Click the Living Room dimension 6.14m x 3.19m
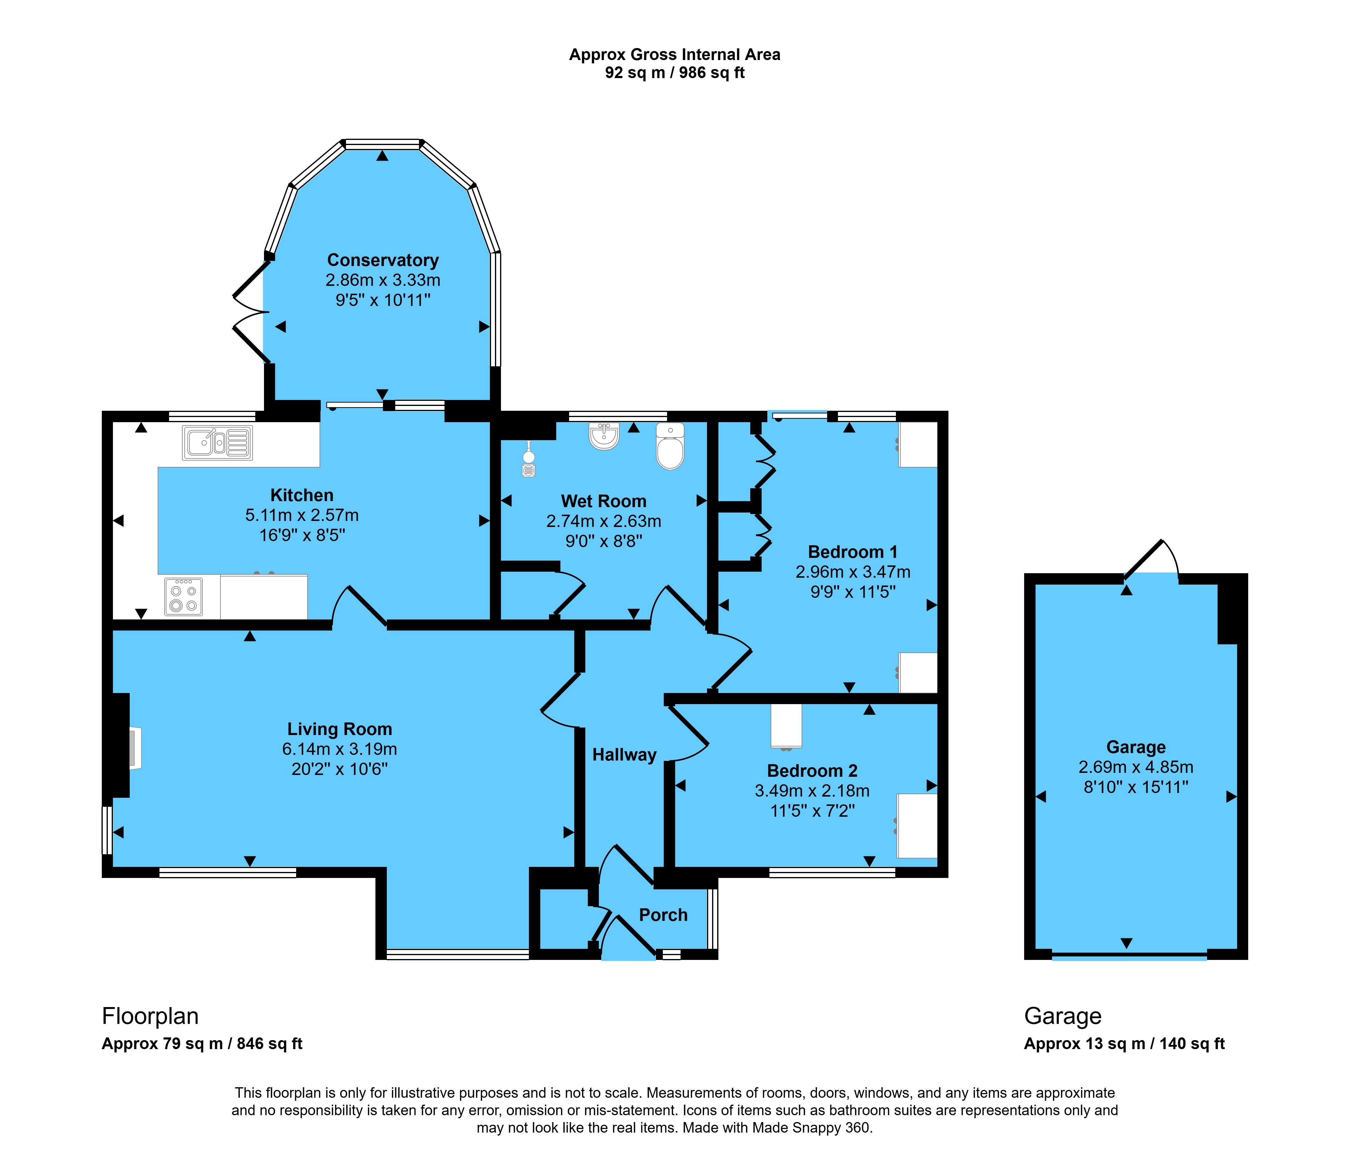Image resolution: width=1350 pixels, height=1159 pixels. click(x=339, y=749)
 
